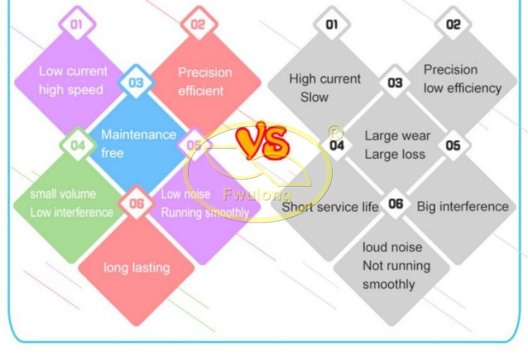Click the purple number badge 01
(x=77, y=24)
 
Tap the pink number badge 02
(x=199, y=24)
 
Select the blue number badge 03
(x=136, y=82)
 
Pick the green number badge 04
(x=78, y=145)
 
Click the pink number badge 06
(x=136, y=203)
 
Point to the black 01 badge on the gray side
(x=332, y=24)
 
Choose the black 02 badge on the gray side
(x=453, y=24)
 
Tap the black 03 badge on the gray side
(x=395, y=82)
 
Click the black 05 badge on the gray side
(x=453, y=145)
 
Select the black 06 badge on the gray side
(x=395, y=203)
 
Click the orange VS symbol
(x=263, y=141)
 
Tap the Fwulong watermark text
(x=257, y=195)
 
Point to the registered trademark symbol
(x=336, y=133)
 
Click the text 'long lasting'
(x=137, y=268)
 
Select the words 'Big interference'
(x=463, y=206)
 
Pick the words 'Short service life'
(x=330, y=207)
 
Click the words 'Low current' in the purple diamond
(x=73, y=71)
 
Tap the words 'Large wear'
(x=398, y=136)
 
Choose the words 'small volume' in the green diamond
(x=63, y=194)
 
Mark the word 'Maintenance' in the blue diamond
(x=139, y=134)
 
